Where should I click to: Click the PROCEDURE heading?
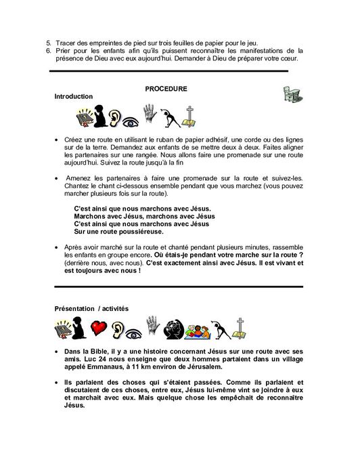pyautogui.click(x=166, y=89)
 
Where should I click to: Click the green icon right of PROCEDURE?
pyautogui.click(x=291, y=93)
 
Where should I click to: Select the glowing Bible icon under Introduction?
pyautogui.click(x=66, y=117)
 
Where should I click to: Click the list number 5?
pyautogui.click(x=48, y=43)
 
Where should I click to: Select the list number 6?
pyautogui.click(x=48, y=51)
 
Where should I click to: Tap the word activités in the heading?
pyautogui.click(x=121, y=308)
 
